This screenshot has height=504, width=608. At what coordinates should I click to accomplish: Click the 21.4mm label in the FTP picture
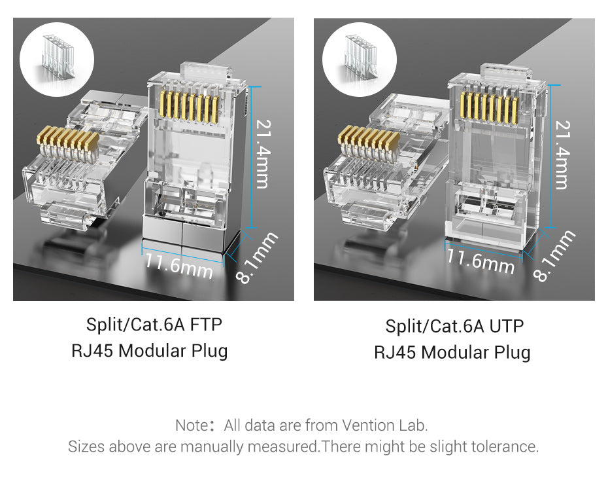263,154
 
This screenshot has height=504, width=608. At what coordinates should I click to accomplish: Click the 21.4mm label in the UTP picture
563,155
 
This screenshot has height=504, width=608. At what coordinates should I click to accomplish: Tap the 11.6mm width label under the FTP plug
178,266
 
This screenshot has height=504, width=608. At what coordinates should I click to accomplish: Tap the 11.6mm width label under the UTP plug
480,262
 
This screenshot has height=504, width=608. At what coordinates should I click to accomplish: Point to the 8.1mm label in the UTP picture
554,255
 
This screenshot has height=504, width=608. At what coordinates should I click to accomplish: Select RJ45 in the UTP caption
395,353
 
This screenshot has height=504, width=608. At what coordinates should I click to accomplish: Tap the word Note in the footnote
192,425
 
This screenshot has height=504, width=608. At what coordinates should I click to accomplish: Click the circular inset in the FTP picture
57,60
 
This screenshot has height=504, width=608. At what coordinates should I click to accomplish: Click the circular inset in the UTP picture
360,60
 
